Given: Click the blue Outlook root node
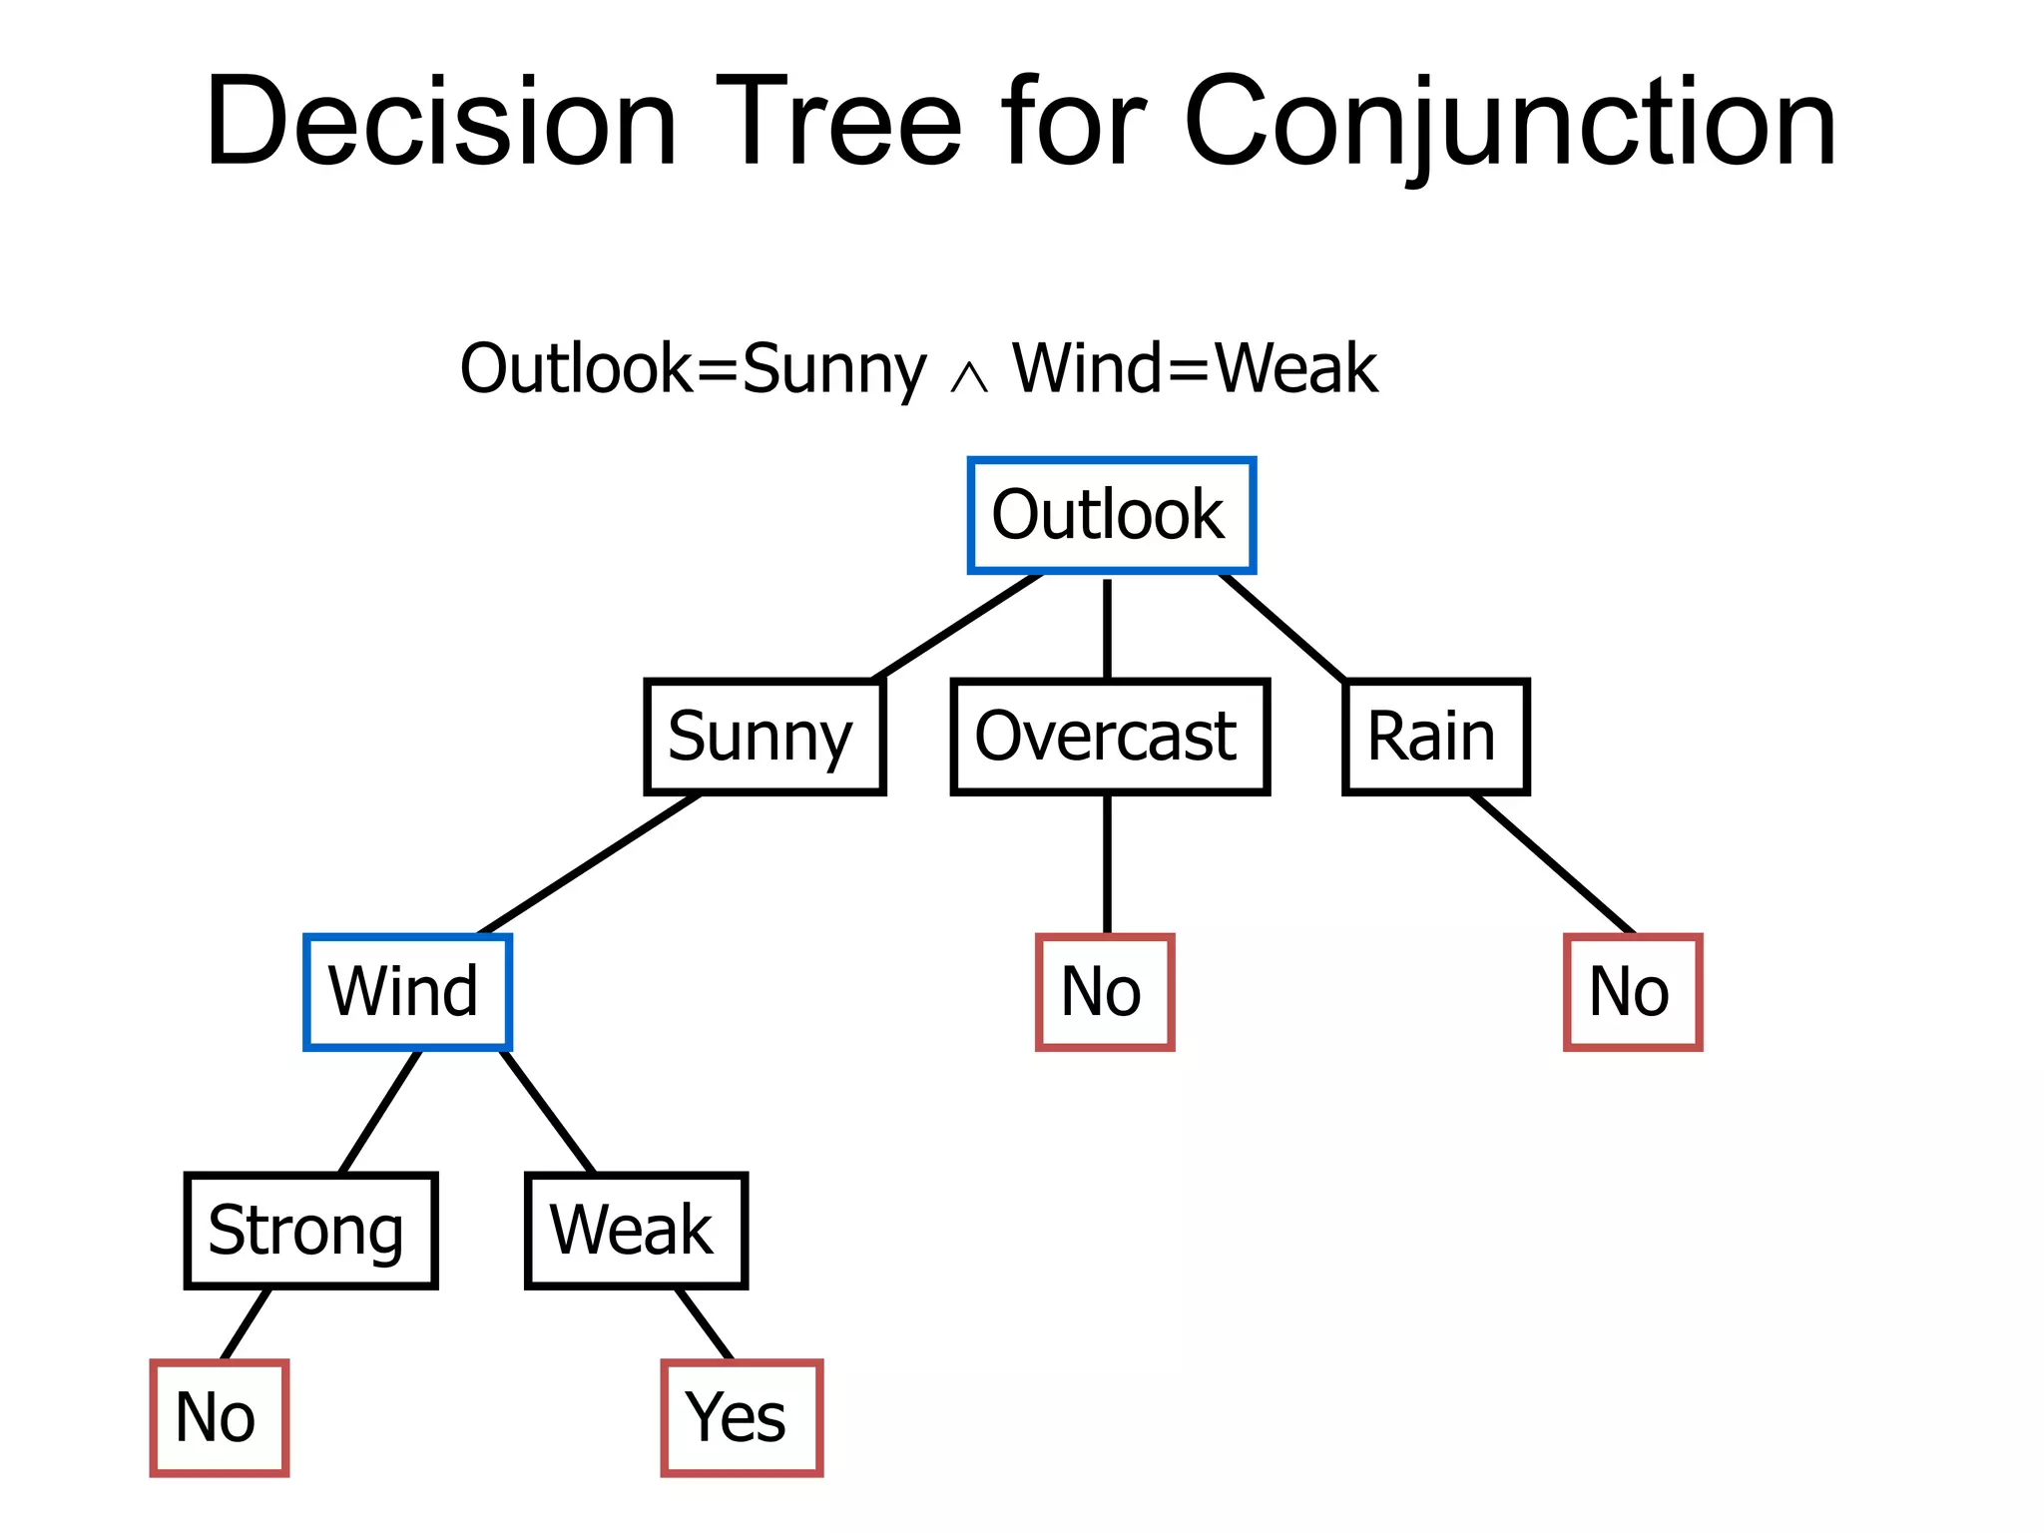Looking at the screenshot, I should (x=1111, y=515).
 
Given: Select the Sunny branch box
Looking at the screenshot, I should (x=765, y=737).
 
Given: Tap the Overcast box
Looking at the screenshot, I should (x=1110, y=737).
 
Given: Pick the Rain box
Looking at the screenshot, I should (x=1435, y=737).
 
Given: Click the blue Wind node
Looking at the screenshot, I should (x=407, y=992).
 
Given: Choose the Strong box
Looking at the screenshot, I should (x=310, y=1231).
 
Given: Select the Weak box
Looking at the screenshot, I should (x=636, y=1231).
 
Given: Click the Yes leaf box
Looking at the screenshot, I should (x=742, y=1417).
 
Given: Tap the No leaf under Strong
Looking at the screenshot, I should (x=219, y=1417).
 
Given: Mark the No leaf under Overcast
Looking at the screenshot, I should (x=1105, y=992).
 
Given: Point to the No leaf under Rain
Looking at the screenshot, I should (x=1633, y=992).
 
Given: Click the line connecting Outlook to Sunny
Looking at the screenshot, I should (x=958, y=627).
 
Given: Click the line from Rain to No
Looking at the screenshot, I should (x=1553, y=864).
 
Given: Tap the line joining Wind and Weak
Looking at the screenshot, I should (x=548, y=1111).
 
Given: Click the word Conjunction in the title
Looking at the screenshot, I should (x=1509, y=122).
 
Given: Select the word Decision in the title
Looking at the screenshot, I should (x=441, y=122).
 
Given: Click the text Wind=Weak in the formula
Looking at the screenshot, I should (x=1195, y=369).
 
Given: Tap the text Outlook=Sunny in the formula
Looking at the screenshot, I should (x=693, y=369).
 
